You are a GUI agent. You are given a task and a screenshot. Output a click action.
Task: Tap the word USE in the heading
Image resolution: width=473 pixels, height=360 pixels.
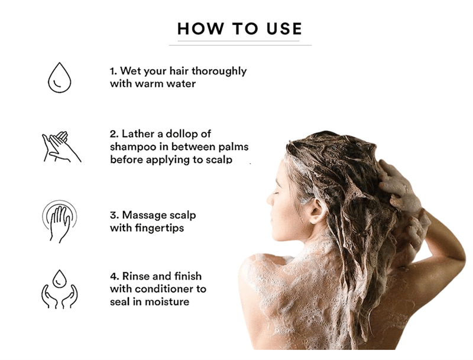tap(284, 28)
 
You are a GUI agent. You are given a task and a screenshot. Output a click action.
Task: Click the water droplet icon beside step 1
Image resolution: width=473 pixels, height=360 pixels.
tap(60, 77)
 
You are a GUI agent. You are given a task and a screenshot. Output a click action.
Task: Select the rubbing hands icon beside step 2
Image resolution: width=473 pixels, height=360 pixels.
tap(61, 147)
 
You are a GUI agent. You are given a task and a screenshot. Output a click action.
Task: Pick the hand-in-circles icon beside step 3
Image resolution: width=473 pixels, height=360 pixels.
tap(60, 221)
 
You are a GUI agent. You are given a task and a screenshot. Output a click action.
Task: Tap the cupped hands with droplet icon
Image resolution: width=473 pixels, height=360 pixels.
tap(60, 289)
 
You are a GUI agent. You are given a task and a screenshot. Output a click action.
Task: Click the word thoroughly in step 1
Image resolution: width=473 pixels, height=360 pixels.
tap(219, 72)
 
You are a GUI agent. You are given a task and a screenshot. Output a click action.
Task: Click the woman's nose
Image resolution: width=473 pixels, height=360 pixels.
tap(270, 199)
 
